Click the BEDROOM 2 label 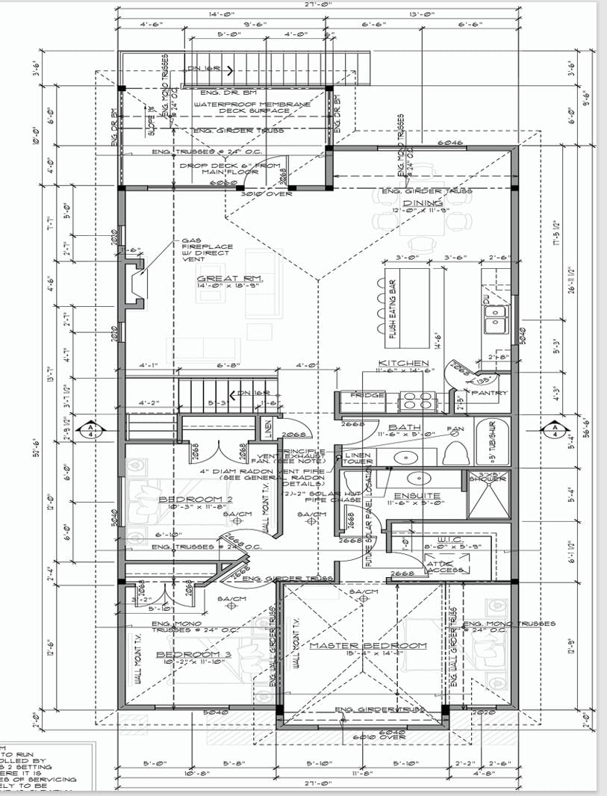click(186, 499)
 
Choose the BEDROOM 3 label click(184, 655)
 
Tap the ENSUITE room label click(419, 495)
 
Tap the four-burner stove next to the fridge click(418, 401)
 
